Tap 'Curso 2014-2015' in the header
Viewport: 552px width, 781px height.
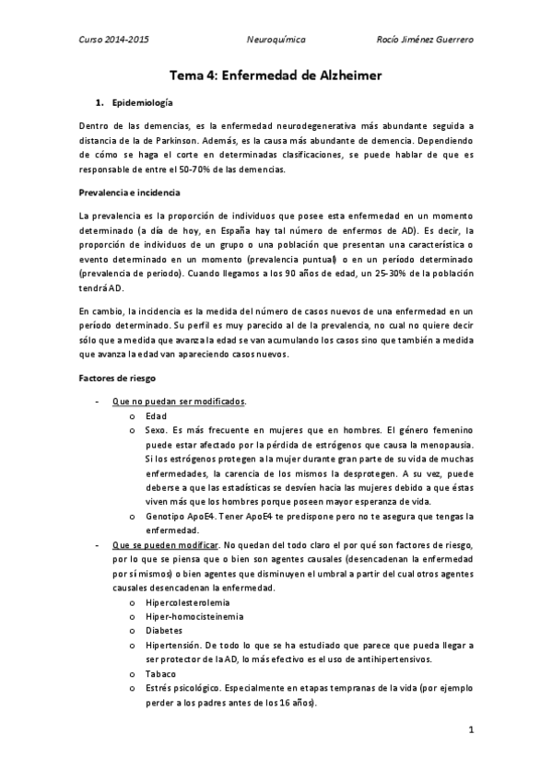click(113, 41)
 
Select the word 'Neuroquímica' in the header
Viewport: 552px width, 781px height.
click(276, 41)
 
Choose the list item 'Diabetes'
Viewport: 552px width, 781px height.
click(165, 631)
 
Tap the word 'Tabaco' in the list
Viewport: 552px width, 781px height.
click(162, 672)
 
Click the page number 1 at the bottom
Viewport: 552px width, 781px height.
click(471, 732)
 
